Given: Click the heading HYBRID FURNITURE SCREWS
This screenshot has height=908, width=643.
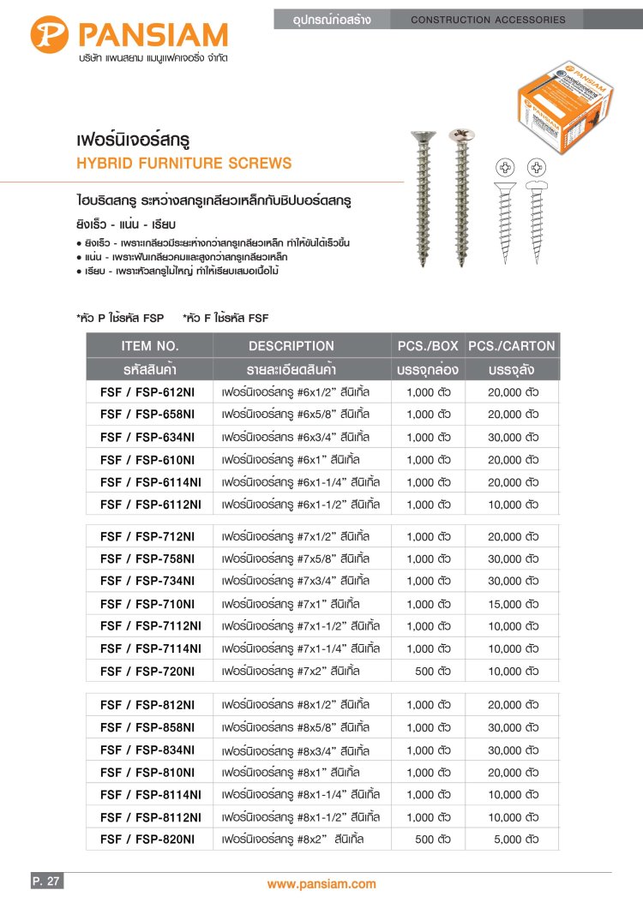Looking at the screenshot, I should click(184, 164).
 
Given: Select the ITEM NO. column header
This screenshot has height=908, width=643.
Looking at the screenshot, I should click(150, 346).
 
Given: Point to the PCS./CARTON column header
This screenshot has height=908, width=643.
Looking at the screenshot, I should click(512, 346).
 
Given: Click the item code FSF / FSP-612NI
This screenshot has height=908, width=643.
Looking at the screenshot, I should click(147, 391).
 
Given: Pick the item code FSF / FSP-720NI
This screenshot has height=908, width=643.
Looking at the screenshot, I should click(147, 671).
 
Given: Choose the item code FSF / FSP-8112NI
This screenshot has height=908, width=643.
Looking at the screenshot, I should click(150, 817).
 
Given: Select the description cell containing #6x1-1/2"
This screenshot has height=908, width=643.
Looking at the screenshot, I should click(300, 504).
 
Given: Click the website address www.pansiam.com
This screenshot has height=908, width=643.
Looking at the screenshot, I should click(321, 884).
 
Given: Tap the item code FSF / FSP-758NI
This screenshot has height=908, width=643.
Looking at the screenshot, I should click(147, 559).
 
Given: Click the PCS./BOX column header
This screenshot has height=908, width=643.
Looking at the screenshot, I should click(428, 346).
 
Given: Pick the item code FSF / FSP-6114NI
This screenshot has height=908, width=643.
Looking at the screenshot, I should click(150, 481).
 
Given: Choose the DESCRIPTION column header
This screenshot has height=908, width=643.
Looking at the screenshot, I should click(291, 346).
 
